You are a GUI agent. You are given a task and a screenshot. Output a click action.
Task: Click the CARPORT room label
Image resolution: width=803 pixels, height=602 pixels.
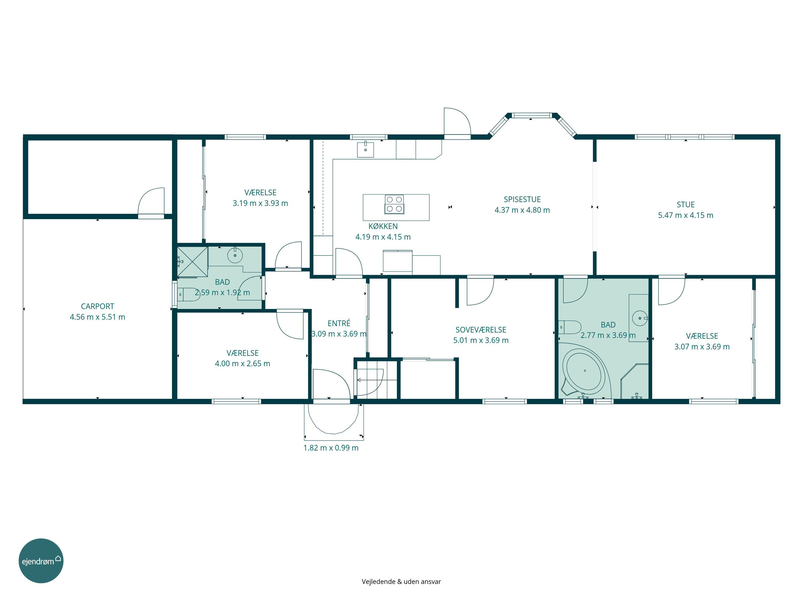97,307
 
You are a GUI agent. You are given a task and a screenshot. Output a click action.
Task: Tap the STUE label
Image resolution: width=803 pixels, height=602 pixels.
685,205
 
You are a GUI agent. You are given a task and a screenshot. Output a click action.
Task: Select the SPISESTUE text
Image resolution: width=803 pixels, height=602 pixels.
522,200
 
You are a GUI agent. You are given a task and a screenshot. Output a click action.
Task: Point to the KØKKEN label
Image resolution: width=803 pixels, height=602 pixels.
383,226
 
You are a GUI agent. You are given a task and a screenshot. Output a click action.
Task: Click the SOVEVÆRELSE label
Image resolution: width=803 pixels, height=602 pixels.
481,330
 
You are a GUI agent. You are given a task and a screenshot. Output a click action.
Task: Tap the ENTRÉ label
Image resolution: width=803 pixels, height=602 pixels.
339,323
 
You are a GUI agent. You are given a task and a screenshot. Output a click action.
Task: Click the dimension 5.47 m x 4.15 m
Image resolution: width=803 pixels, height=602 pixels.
685,215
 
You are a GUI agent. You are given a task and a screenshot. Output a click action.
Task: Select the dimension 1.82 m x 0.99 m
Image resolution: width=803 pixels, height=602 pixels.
331,448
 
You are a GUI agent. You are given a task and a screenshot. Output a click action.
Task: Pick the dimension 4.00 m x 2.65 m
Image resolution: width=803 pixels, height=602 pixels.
242,364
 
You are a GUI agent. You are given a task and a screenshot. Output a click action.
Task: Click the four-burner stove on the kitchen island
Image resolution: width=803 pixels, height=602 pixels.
394,204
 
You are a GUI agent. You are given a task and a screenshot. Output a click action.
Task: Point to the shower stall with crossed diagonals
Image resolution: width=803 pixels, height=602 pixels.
192,262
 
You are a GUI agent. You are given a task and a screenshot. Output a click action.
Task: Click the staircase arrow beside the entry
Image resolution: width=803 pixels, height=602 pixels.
377,380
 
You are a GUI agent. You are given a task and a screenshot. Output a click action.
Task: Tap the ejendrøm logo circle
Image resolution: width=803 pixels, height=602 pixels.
41,561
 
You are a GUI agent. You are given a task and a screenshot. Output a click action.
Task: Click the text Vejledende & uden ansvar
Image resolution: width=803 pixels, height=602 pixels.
401,582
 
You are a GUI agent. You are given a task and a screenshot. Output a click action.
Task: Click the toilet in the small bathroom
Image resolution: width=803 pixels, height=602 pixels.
188,294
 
